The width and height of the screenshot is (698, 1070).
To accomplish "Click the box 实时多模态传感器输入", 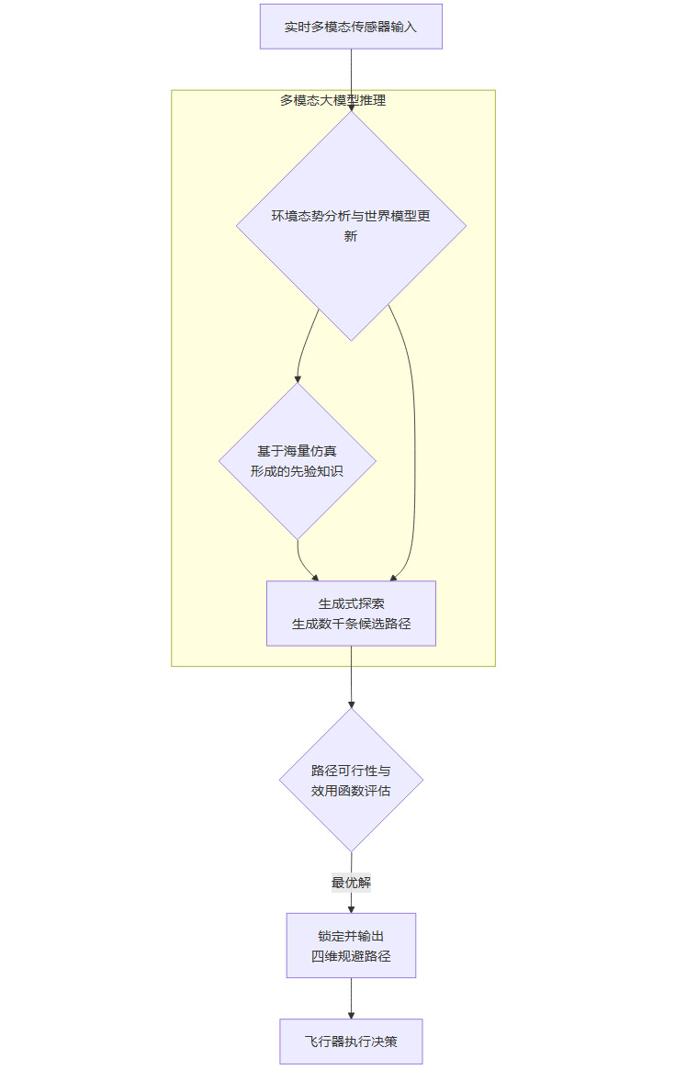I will [351, 27].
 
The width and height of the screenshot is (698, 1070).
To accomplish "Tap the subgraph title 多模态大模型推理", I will [332, 100].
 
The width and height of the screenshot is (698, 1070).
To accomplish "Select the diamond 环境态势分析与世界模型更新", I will [351, 226].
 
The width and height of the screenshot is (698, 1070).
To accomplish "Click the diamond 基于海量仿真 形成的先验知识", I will [298, 460].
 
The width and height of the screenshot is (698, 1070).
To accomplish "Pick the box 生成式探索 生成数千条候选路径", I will [351, 613].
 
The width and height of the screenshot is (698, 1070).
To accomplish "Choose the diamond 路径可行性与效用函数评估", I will [351, 779].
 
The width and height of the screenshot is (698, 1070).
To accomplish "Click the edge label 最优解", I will [351, 883].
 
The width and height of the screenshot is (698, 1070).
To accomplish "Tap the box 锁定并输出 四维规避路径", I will [351, 945].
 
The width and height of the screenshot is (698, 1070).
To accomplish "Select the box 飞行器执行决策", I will [351, 1042].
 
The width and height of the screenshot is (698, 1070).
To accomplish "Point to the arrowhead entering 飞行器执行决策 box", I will [351, 1014].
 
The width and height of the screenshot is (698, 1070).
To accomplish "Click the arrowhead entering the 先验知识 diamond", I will [298, 377].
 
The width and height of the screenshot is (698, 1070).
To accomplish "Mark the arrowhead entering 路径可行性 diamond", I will [351, 704].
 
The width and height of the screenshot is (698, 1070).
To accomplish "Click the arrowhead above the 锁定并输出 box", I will [351, 908].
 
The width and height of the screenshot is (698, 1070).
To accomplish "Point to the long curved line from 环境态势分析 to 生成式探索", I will [413, 441].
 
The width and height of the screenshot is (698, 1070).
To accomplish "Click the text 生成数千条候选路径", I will [351, 624].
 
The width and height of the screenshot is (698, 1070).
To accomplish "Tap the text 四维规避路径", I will [351, 956].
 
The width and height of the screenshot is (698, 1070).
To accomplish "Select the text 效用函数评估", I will [351, 790].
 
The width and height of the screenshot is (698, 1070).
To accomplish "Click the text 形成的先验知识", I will [298, 470].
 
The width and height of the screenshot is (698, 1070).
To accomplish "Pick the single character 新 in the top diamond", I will [351, 237].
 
